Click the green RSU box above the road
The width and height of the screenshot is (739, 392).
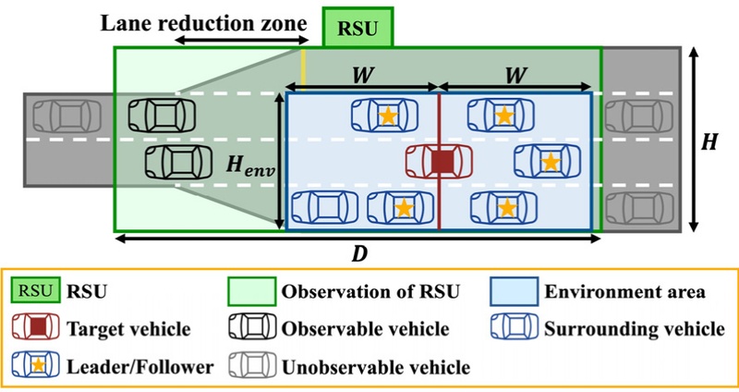click(x=359, y=27)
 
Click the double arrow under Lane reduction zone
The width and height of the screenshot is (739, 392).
click(x=243, y=42)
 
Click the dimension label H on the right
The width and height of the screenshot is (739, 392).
click(x=709, y=141)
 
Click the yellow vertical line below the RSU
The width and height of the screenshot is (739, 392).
click(x=304, y=68)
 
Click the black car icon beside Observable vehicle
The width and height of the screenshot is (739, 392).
click(x=252, y=329)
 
